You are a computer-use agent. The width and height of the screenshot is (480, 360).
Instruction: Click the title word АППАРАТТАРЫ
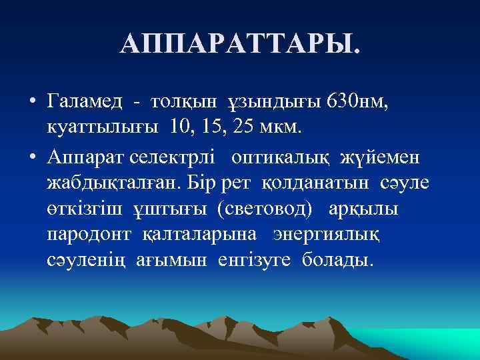point(239,45)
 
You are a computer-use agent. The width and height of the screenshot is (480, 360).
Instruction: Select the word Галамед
point(85,101)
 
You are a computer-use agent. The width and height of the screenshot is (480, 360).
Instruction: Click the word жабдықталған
point(115,181)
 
